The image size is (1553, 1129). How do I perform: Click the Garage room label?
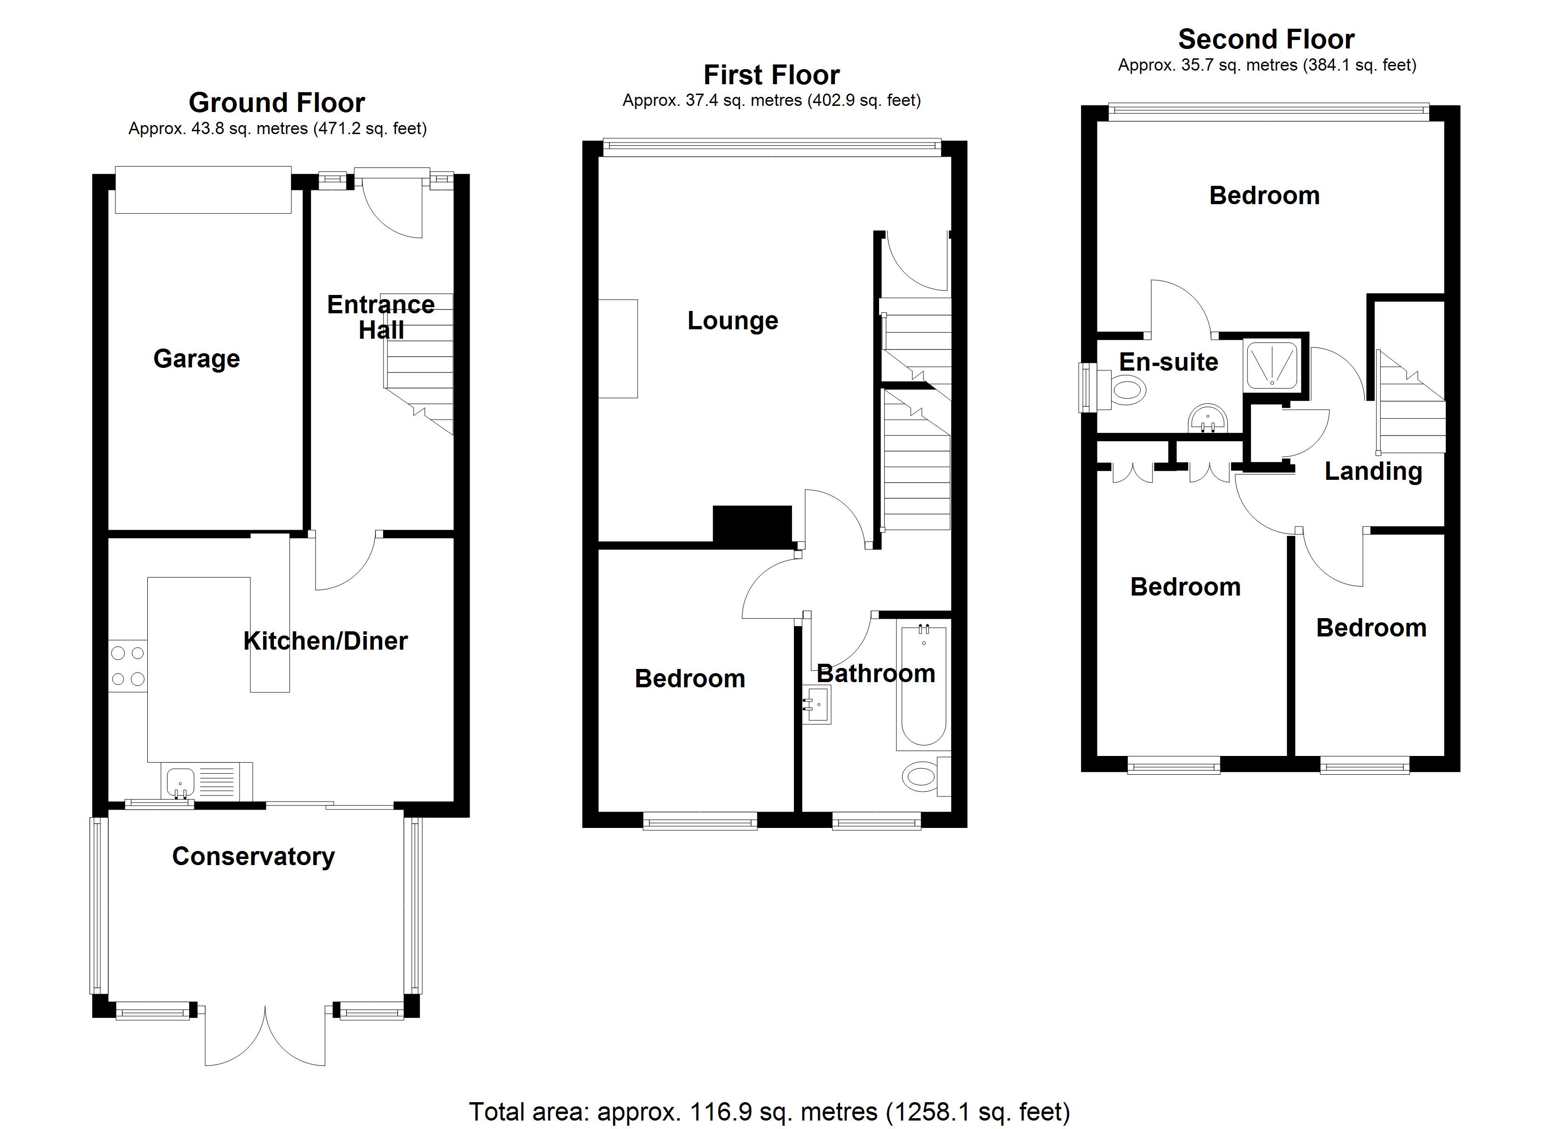pos(197,359)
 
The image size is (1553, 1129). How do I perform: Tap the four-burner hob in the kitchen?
pos(128,666)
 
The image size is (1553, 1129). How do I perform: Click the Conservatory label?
pos(253,857)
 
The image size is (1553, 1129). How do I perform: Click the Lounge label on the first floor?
pos(733,321)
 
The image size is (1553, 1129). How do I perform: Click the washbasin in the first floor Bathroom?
pos(817,705)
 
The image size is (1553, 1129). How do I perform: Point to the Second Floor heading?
pos(1265,40)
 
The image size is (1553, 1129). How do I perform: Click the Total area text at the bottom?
pos(769,1112)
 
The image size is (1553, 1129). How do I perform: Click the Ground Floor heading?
pos(277,103)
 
